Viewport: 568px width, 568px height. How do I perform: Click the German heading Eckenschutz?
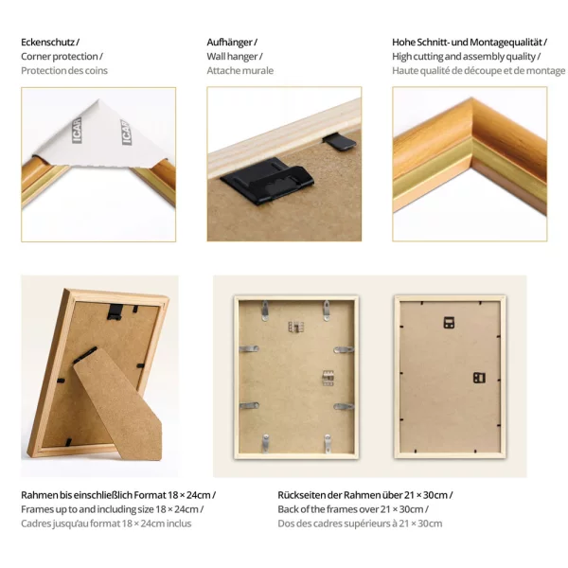pos(49,43)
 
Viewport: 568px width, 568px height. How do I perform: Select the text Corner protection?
pos(62,57)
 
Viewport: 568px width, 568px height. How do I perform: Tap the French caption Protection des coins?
pos(64,71)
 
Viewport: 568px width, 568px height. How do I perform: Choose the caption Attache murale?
pos(240,71)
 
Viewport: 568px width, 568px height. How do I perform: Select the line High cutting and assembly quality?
pos(466,57)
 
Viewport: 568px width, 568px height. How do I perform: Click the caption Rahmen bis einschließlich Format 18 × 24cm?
pos(118,494)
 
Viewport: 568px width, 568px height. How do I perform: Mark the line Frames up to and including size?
pos(112,508)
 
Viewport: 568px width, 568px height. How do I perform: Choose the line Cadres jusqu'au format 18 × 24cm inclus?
pos(106,523)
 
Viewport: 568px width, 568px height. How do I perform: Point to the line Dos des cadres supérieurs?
pos(360,523)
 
